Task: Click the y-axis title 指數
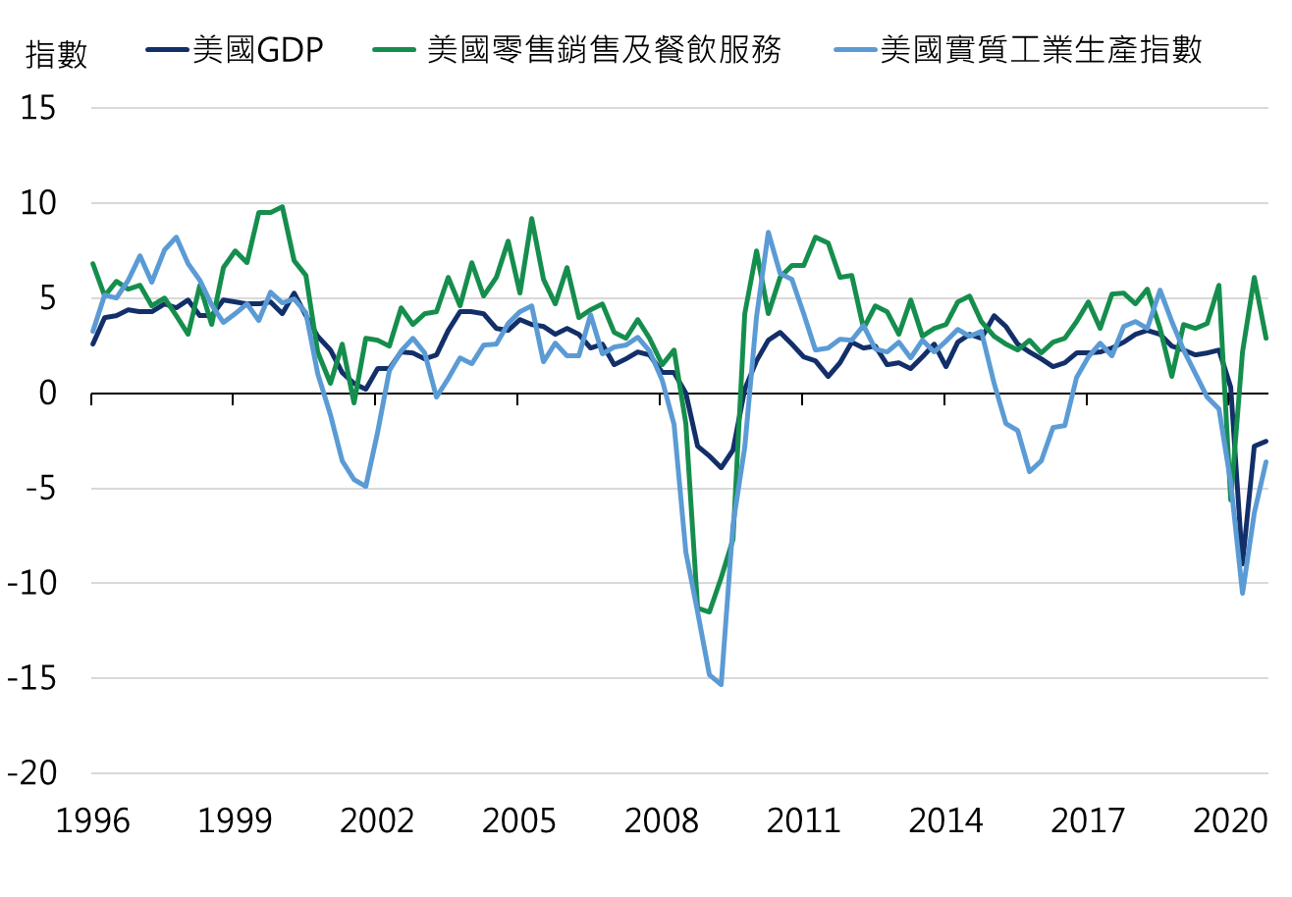click(x=56, y=55)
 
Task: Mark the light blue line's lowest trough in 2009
click(x=721, y=684)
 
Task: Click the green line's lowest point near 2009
click(x=709, y=611)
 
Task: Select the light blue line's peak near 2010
click(x=768, y=233)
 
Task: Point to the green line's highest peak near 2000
click(x=283, y=207)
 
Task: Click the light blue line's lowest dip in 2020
click(x=1243, y=593)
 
